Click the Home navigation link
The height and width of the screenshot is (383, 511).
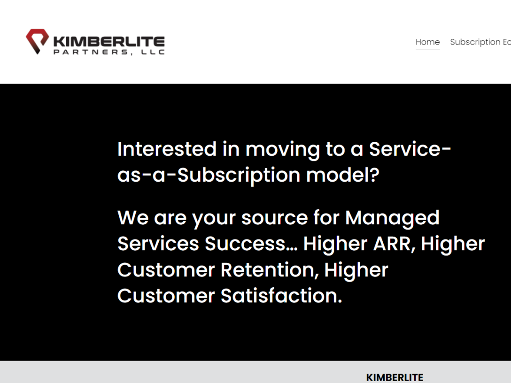[427, 42]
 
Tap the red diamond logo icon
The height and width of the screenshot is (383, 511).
[37, 41]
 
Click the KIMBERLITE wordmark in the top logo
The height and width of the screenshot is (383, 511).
[109, 41]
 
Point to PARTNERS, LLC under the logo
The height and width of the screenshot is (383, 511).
[109, 52]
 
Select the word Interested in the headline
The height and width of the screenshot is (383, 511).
[167, 149]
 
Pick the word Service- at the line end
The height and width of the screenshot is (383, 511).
[410, 149]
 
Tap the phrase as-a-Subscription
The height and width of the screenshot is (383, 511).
[209, 175]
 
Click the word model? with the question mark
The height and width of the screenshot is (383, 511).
[343, 175]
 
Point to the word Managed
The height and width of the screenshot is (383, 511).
[392, 218]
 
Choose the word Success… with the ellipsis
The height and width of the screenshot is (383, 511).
[251, 244]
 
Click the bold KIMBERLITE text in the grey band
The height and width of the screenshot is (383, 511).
[395, 377]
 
